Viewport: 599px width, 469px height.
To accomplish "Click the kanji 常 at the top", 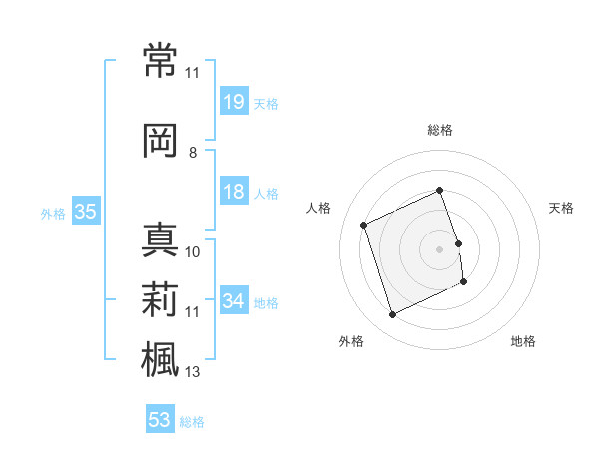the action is [160, 60].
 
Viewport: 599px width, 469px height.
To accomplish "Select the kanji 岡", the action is [160, 141].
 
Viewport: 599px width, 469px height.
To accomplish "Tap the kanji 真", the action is [160, 239].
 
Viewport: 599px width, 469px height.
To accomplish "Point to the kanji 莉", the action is [160, 299].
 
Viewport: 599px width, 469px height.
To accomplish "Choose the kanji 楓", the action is [160, 359].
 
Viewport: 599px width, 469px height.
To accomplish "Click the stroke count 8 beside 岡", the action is [193, 153].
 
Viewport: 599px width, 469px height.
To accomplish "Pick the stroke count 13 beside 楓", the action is [192, 372].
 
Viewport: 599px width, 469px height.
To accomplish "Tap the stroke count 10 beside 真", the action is [192, 252].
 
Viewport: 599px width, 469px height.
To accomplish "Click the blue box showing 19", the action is [235, 101].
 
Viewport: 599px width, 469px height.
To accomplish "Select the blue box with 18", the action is [235, 191].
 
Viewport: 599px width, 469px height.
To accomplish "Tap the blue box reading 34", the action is [235, 299].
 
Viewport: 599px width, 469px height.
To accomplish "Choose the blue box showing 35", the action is [86, 211].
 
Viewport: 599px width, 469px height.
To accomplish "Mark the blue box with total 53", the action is [160, 418].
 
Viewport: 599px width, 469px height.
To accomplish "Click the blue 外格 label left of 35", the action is [53, 214].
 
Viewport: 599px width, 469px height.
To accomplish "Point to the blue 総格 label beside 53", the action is [192, 422].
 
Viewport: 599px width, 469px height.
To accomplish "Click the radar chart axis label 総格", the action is [440, 131].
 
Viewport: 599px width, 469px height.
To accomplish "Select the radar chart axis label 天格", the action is [561, 209].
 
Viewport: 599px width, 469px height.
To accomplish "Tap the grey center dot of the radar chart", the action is [439, 249].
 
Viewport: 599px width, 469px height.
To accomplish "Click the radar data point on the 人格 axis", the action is [364, 225].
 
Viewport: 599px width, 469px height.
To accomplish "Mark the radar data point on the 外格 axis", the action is [393, 314].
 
